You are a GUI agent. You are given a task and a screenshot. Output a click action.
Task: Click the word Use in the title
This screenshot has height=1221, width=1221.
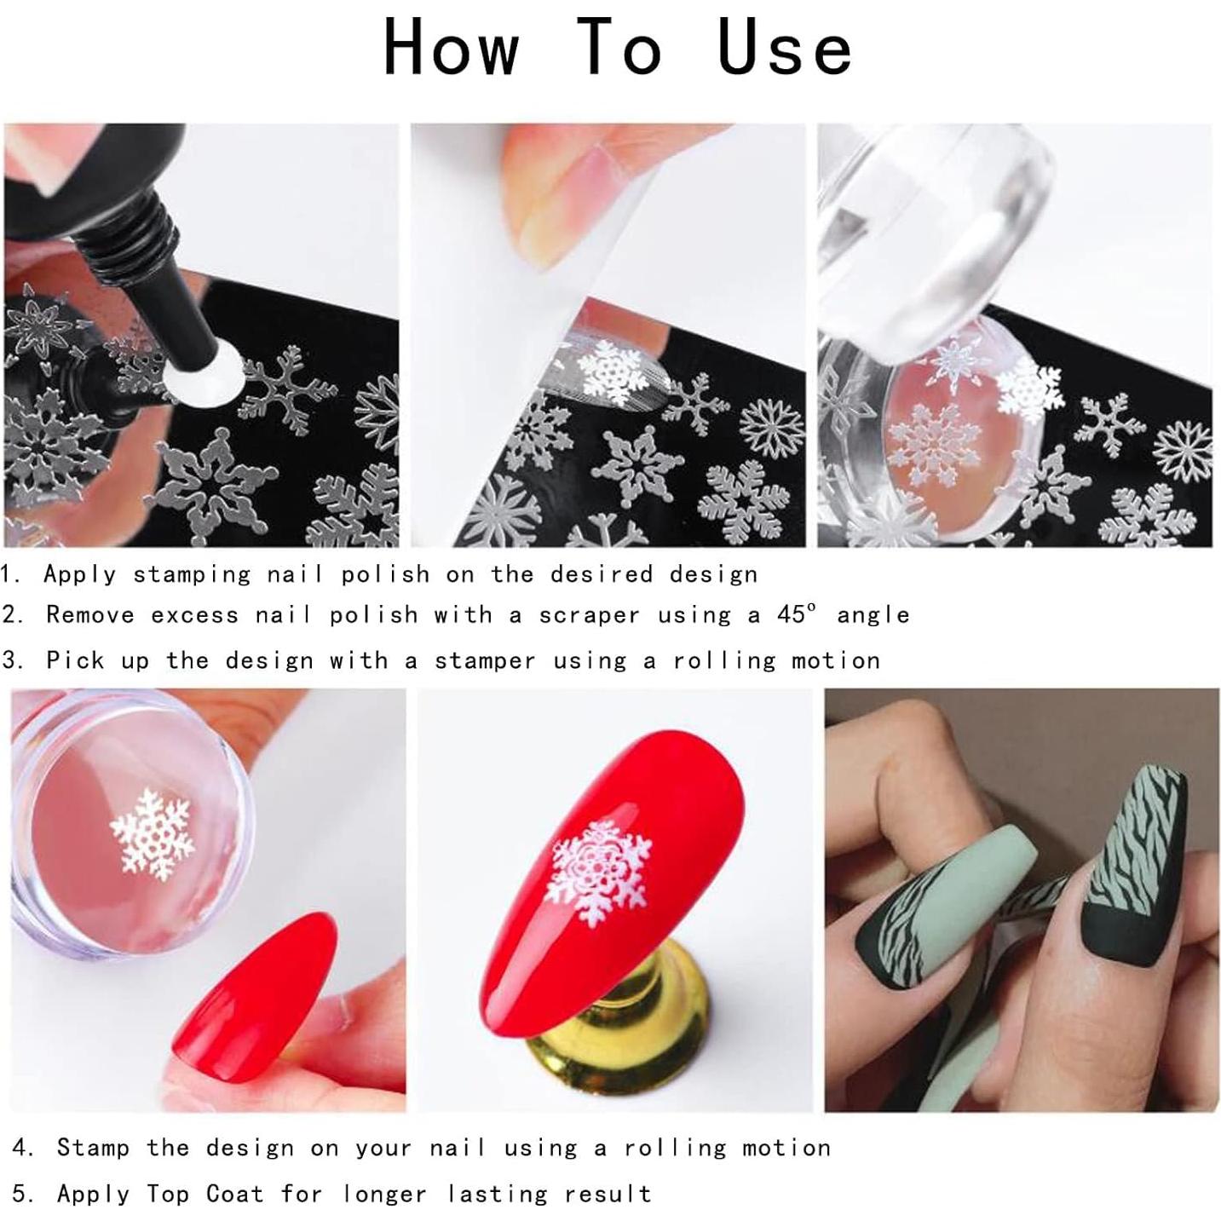coord(784,48)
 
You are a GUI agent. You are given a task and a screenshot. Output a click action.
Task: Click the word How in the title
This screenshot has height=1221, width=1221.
coord(451,48)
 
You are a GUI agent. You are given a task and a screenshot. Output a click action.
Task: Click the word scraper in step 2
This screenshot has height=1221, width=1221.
coord(588,615)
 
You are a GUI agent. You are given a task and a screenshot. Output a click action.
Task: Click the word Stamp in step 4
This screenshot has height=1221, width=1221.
coord(93,1148)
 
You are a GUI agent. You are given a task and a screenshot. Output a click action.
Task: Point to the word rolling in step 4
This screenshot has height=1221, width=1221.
coord(674,1148)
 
